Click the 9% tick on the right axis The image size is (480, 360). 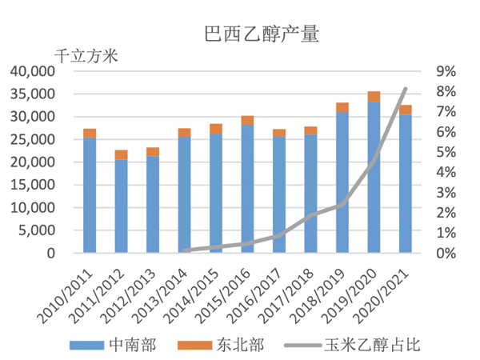pyautogui.click(x=446, y=71)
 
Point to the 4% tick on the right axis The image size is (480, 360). pyautogui.click(x=446, y=172)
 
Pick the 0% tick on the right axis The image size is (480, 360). pyautogui.click(x=446, y=253)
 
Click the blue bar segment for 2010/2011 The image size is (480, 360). pyautogui.click(x=90, y=196)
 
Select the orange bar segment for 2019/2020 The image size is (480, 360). pyautogui.click(x=374, y=97)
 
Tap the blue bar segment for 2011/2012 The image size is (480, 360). pyautogui.click(x=121, y=206)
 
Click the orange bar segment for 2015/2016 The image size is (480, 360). pyautogui.click(x=247, y=120)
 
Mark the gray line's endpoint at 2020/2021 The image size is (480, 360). pyautogui.click(x=406, y=88)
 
